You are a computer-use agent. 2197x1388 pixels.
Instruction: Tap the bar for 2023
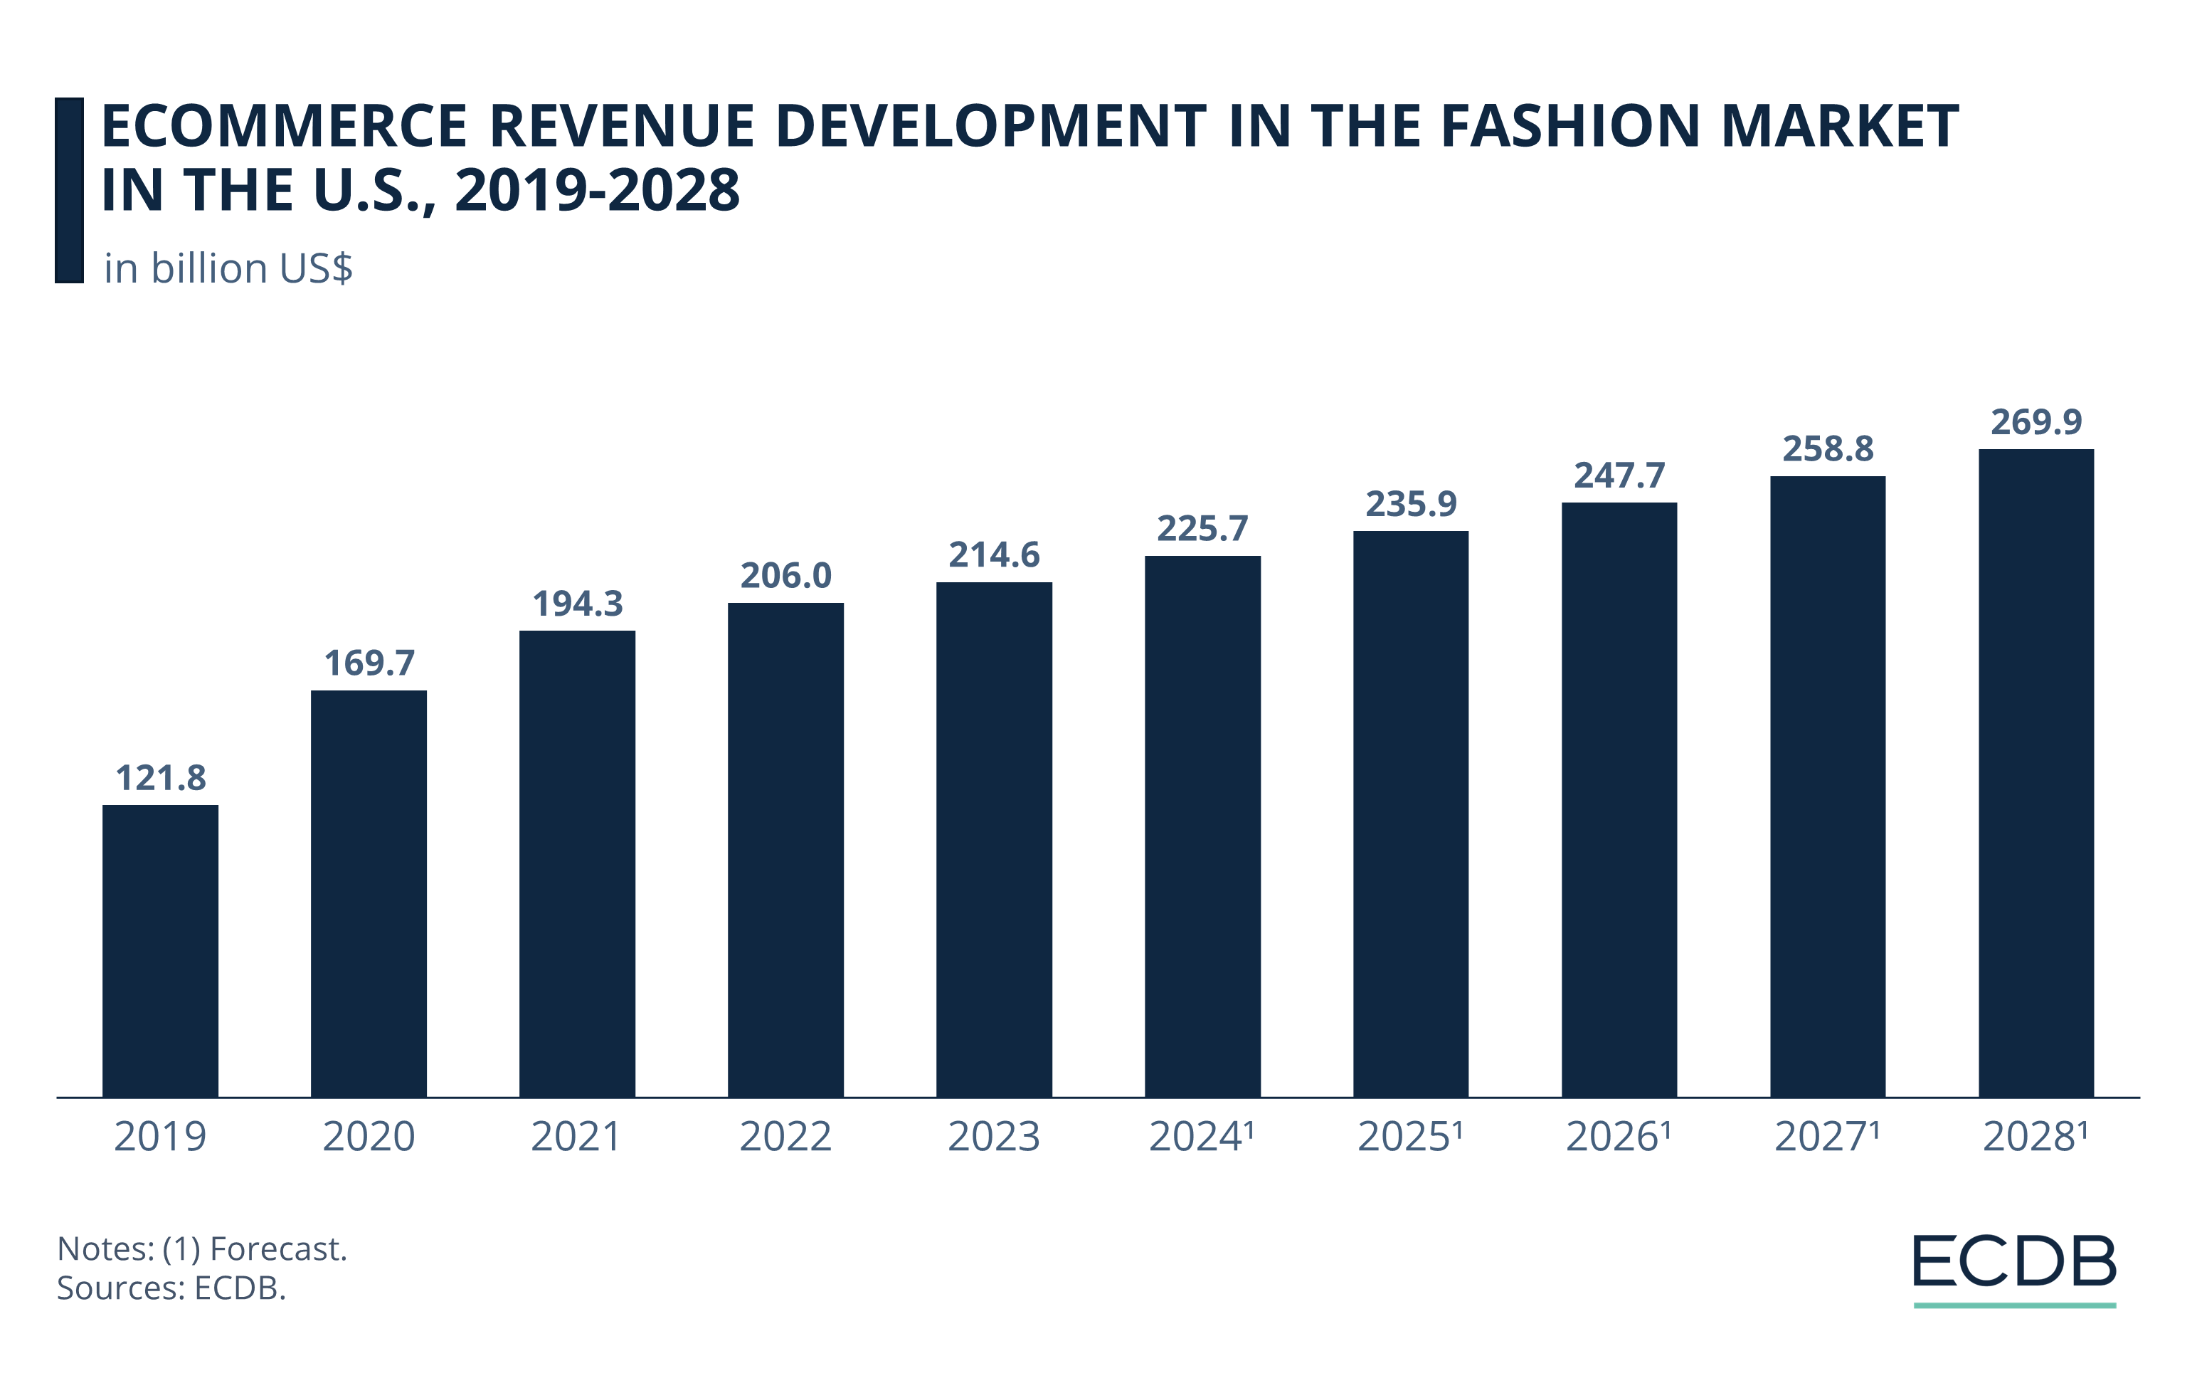994,839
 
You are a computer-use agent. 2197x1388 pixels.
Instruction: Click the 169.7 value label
369,663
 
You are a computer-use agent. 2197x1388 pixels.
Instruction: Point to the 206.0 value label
785,576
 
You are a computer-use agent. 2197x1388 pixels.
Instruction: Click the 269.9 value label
2035,421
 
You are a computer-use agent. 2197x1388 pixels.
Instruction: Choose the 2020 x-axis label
369,1137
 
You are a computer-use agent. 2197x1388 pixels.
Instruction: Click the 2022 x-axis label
785,1137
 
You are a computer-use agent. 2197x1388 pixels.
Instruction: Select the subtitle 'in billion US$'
228,269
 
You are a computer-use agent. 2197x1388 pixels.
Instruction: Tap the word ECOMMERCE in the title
284,126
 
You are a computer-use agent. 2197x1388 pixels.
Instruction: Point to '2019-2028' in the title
598,191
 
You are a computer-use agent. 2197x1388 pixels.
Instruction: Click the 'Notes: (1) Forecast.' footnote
201,1248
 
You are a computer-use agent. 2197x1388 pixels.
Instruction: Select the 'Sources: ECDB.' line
171,1288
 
